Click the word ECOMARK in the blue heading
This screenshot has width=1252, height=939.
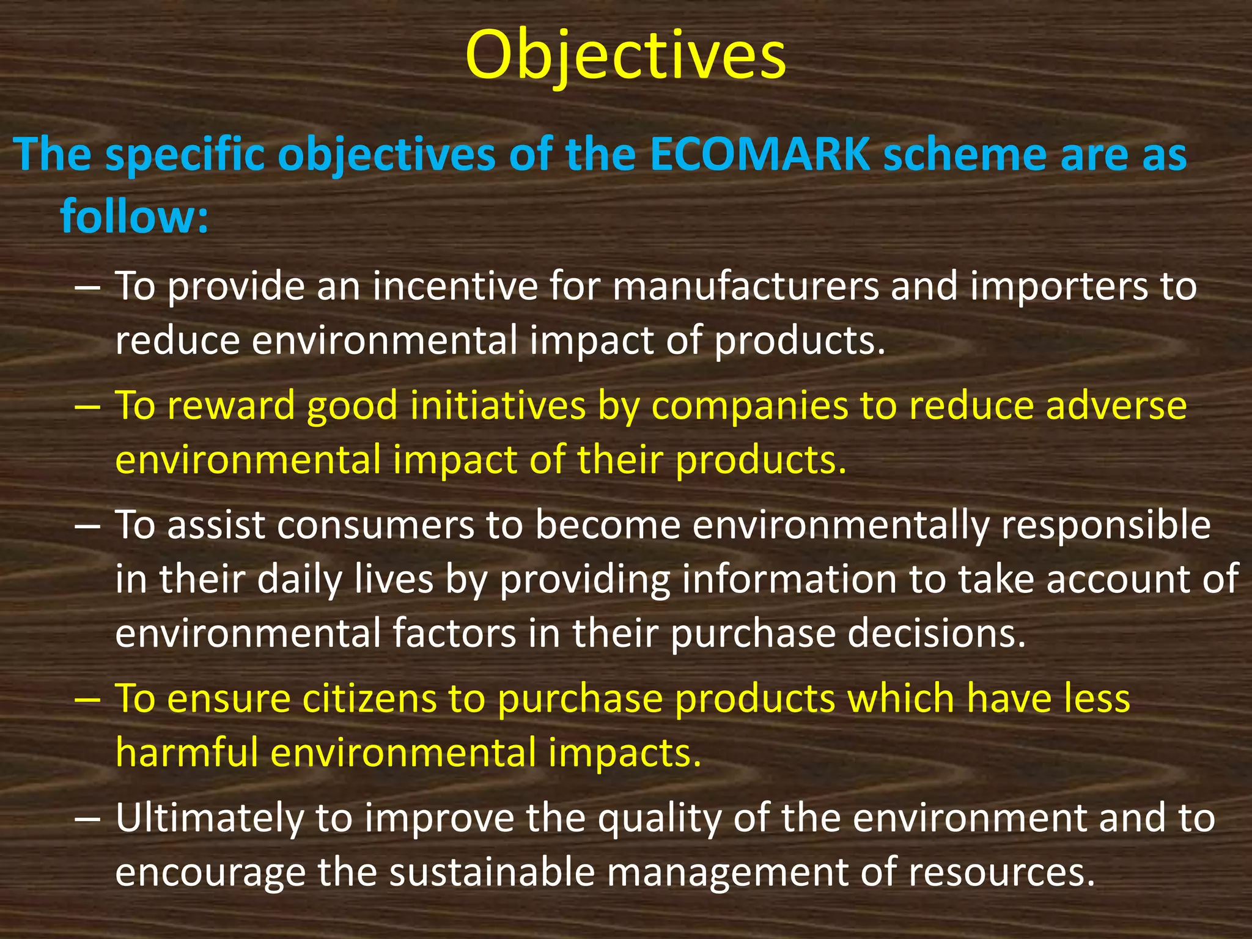click(759, 155)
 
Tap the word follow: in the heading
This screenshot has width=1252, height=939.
click(134, 215)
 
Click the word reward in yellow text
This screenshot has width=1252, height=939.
click(231, 405)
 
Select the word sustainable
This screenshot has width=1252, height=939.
click(492, 872)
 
